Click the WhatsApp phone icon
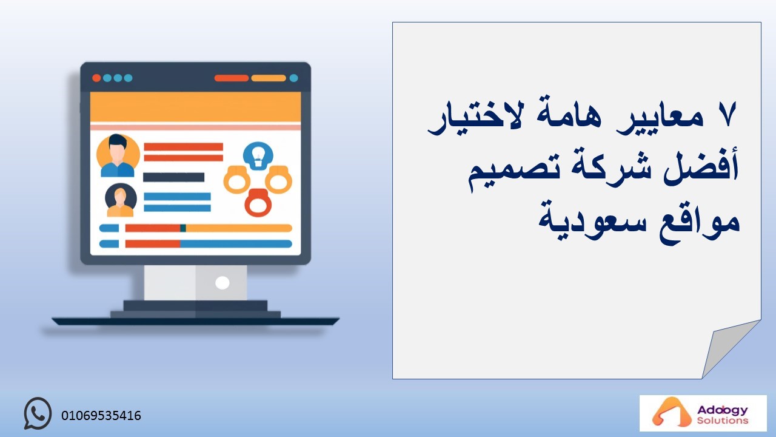point(38,413)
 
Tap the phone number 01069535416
point(101,416)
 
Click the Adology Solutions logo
point(703,413)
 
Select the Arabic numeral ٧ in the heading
point(727,115)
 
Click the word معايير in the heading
point(660,118)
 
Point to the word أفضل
point(701,166)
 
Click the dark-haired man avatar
point(118,155)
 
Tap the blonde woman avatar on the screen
point(121,200)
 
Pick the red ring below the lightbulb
point(258,203)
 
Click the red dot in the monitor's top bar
point(96,78)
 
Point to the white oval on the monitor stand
point(222,283)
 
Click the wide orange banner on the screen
point(195,107)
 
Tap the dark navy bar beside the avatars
point(173,177)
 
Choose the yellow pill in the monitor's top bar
point(269,78)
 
